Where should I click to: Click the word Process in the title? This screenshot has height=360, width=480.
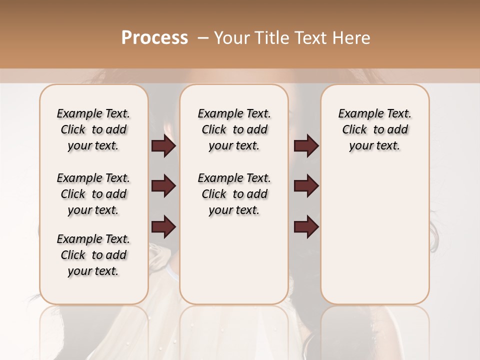click(x=154, y=37)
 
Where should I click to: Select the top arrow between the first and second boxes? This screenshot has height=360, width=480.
click(x=163, y=146)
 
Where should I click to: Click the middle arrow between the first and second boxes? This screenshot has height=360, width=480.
click(x=163, y=186)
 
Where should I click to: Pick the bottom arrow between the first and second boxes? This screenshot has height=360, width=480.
click(x=163, y=227)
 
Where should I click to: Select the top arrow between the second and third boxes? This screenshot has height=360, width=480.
click(x=306, y=146)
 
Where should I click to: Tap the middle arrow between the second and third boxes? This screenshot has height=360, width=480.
click(x=306, y=186)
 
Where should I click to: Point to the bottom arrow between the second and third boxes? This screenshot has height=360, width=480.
click(x=306, y=227)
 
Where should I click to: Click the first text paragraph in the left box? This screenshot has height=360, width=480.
click(x=93, y=129)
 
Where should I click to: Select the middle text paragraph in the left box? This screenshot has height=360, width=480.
click(x=93, y=194)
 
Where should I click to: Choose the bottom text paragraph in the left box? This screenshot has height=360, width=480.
click(x=93, y=255)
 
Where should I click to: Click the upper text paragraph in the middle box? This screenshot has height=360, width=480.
click(x=234, y=129)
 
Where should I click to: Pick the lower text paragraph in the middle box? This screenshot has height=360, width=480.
click(x=234, y=194)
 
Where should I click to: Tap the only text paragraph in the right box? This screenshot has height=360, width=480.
click(x=374, y=129)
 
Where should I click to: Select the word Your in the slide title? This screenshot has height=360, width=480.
click(x=231, y=37)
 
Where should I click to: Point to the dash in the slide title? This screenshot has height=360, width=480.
click(x=203, y=37)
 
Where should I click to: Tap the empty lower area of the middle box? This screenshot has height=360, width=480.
click(x=234, y=260)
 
